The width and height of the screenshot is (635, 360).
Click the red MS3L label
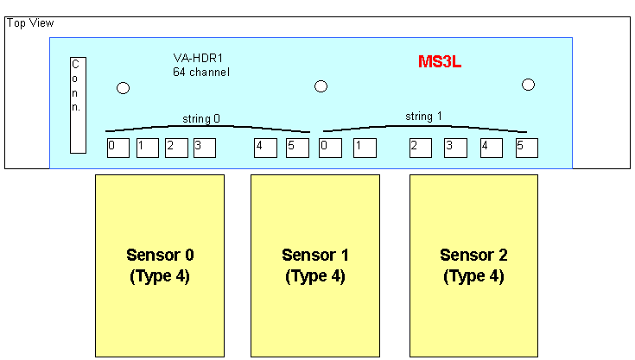pos(440,62)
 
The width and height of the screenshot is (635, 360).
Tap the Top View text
pos(30,23)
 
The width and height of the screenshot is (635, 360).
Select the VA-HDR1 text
pos(198,58)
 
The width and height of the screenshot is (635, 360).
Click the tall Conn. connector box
pos(78,105)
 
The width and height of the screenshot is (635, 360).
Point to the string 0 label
pos(201,118)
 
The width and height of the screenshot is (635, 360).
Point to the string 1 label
pos(423,117)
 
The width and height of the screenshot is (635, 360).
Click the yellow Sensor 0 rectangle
pos(160,266)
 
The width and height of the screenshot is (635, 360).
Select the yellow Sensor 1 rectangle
pos(315,266)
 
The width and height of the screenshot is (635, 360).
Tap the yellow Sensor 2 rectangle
pos(473,266)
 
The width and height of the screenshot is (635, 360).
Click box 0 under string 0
pos(118,148)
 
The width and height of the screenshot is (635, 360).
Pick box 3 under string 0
pos(205,148)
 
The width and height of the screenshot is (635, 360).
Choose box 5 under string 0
pos(298,148)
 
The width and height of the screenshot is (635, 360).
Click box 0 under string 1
pos(330,148)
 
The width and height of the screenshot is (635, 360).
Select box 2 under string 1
pos(421,148)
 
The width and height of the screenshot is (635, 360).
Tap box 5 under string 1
pos(527,148)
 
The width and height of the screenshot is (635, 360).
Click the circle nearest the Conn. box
pos(123,88)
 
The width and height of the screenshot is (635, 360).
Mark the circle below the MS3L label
pos(528,85)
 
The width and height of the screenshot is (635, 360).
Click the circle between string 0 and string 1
pos(321,86)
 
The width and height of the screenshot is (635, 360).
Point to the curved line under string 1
pos(425,126)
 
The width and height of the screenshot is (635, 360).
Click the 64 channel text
pos(201,72)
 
